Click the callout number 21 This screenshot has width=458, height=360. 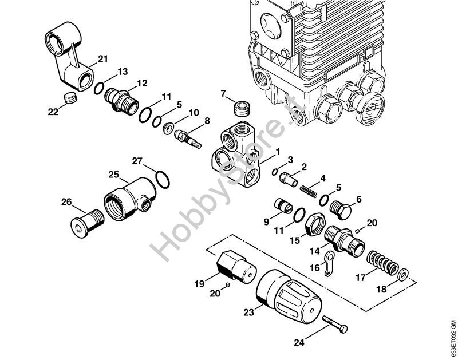pos(102,59)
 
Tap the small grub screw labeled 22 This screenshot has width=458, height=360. pos(70,98)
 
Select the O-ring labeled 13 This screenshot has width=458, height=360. pos(98,88)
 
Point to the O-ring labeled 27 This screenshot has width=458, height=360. pos(163,179)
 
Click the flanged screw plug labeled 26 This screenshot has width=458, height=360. pos(87,223)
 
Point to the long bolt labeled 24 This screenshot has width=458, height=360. pos(335,324)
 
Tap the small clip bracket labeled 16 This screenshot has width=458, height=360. pos(329,263)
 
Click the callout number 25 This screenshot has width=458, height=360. pos(113,175)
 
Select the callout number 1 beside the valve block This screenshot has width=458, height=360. pos(278,152)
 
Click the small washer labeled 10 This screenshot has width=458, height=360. pos(168,128)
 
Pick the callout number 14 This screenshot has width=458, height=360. pos(315,251)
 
